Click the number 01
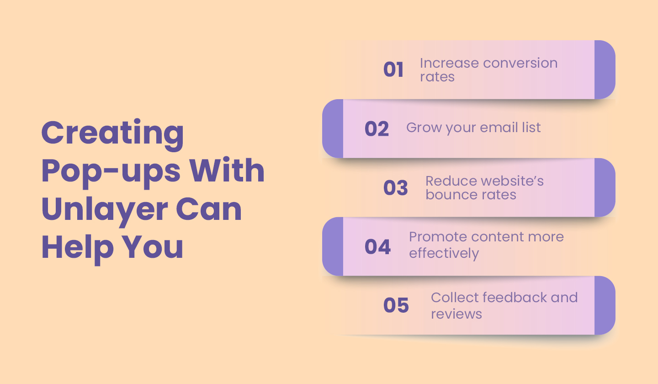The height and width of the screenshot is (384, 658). pos(393,70)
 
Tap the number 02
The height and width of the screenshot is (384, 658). pos(377,129)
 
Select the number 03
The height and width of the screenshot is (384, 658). pos(396,188)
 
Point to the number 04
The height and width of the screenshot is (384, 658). pos(377,247)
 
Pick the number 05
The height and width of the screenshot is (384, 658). pos(396,305)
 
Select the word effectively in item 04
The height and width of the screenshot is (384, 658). pos(444,253)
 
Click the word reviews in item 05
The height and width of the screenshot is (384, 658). pos(456,314)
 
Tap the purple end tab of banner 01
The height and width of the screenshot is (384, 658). pos(605,69)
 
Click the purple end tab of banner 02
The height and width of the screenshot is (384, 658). pos(333,128)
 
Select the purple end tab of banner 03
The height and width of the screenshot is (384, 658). pos(605,187)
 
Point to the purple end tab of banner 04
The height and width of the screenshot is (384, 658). pos(333,246)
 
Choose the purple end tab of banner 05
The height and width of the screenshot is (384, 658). pos(605,305)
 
